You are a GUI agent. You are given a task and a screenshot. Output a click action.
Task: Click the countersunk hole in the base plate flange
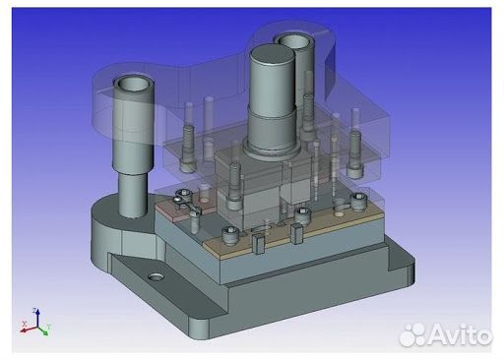pyautogui.click(x=156, y=278)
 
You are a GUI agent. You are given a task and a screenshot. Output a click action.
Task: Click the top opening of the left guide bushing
pyautogui.click(x=129, y=85)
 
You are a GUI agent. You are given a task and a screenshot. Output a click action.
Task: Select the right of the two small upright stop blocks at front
pyautogui.click(x=294, y=234)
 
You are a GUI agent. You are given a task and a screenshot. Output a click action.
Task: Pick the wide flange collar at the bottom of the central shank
pyautogui.click(x=268, y=148)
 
